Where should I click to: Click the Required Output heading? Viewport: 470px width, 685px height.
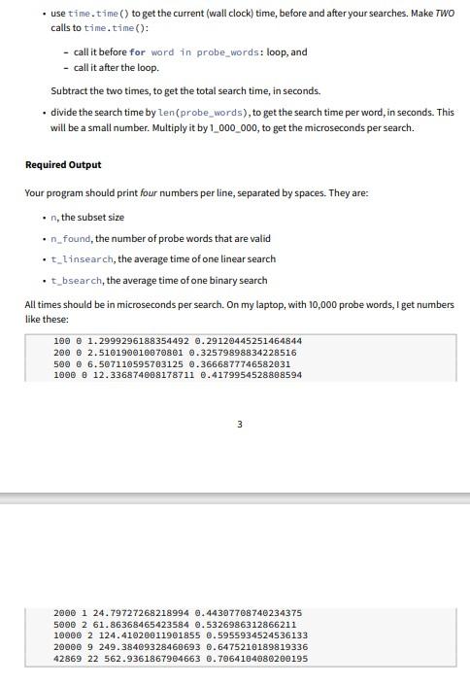(63, 164)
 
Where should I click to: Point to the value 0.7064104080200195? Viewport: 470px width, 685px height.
(255, 658)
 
